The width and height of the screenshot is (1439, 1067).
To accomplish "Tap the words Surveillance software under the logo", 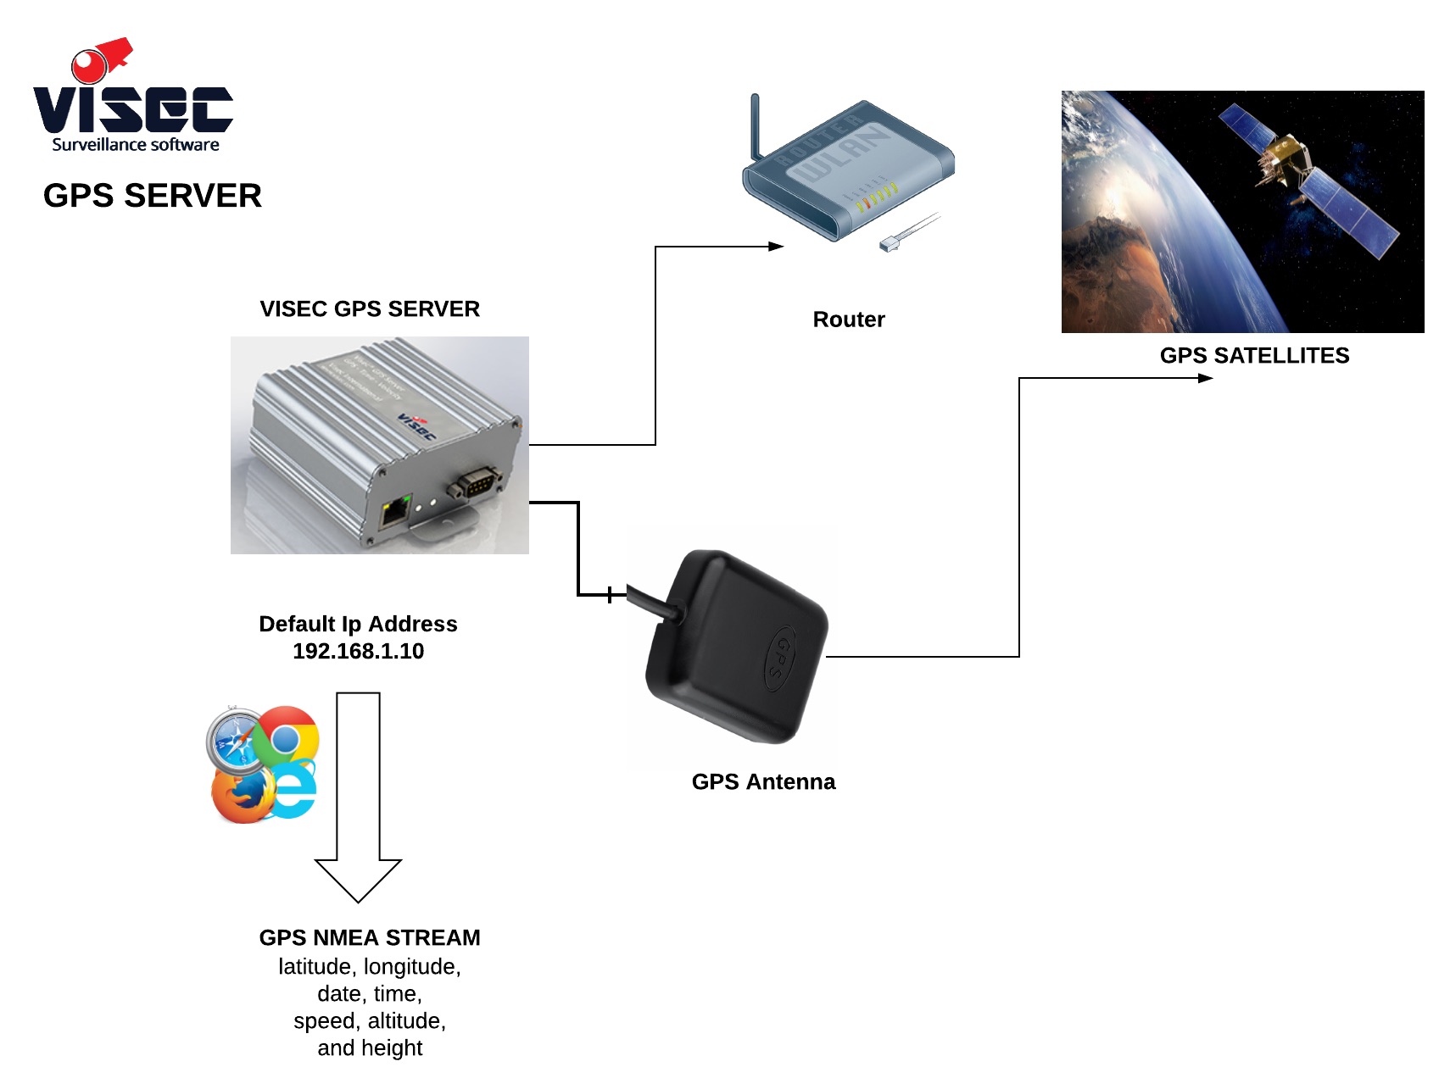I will pyautogui.click(x=136, y=145).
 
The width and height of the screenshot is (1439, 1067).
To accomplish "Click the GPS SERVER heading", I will pyautogui.click(x=153, y=196).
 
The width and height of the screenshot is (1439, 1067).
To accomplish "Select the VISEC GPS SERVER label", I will pyautogui.click(x=370, y=309).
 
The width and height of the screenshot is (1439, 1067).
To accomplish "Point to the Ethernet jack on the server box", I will pyautogui.click(x=395, y=512).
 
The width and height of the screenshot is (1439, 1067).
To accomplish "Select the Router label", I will pyautogui.click(x=848, y=320).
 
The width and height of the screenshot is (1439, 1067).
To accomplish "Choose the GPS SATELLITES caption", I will pyautogui.click(x=1254, y=356).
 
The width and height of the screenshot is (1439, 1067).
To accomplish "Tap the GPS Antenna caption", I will pyautogui.click(x=763, y=782).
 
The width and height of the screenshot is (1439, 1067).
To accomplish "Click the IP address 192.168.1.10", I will pyautogui.click(x=358, y=652).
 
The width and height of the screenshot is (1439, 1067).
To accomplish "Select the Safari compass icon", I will pyautogui.click(x=235, y=739).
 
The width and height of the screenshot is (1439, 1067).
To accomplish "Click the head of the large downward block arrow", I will pyautogui.click(x=358, y=879).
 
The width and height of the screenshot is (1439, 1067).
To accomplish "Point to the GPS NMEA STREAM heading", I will pyautogui.click(x=370, y=938).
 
